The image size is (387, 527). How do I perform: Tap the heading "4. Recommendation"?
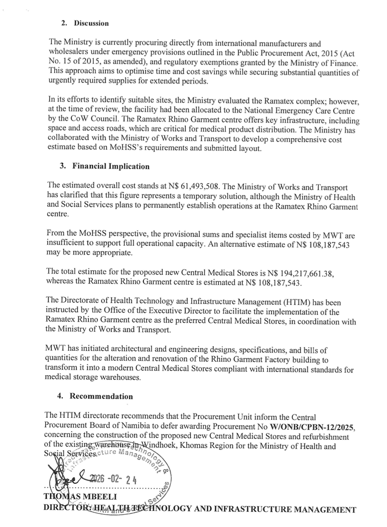click(x=96, y=396)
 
